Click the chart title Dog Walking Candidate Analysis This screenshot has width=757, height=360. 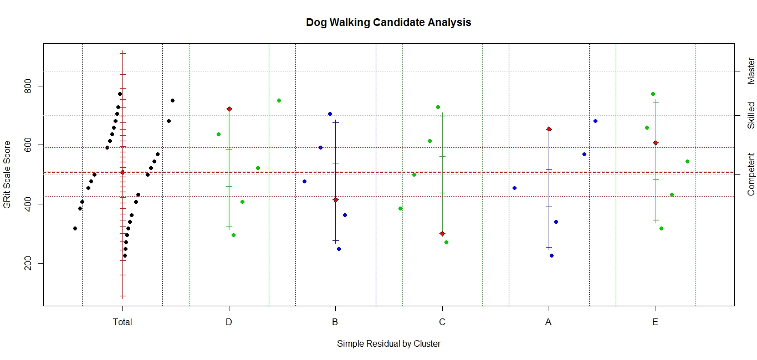(x=388, y=23)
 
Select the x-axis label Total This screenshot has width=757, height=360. (x=122, y=322)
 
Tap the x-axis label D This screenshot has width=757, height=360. (x=229, y=322)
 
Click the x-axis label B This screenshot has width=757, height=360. (x=335, y=322)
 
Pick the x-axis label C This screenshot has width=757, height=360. (x=442, y=322)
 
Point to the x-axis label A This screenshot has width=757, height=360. (x=549, y=322)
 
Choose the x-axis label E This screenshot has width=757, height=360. (x=656, y=322)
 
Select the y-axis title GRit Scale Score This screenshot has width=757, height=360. (x=8, y=174)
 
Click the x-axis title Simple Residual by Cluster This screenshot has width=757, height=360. (x=388, y=343)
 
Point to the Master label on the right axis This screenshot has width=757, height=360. (x=751, y=71)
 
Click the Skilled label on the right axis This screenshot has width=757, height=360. (x=751, y=115)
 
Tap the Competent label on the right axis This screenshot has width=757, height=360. (x=751, y=174)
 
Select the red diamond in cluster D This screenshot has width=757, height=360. (x=229, y=109)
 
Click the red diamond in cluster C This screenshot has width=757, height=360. (x=442, y=234)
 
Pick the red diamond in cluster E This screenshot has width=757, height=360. (x=656, y=143)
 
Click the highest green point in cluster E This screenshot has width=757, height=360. (x=653, y=94)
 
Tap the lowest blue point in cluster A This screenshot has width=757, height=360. (x=551, y=255)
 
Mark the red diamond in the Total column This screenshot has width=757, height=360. (x=122, y=172)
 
